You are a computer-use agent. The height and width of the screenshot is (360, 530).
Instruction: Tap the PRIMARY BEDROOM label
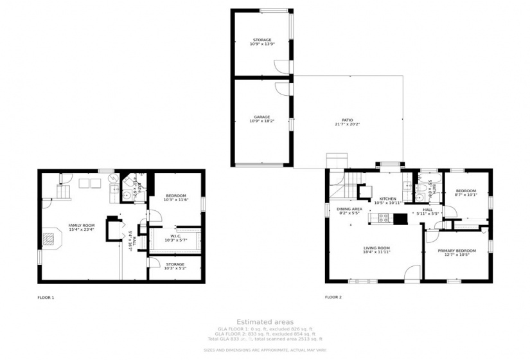click(457, 250)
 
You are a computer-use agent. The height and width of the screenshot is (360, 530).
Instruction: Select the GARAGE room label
click(261, 116)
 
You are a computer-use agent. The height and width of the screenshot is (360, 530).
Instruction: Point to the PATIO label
click(347, 120)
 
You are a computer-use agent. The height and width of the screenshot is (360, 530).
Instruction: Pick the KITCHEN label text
click(387, 199)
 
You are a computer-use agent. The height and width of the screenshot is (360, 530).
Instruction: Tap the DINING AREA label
click(349, 209)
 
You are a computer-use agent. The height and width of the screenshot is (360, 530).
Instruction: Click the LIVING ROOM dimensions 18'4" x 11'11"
click(377, 252)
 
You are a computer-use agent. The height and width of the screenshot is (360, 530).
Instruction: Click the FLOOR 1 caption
click(46, 297)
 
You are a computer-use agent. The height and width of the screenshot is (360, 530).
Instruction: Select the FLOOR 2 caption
click(333, 297)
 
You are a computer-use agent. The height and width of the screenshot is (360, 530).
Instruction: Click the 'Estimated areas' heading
click(265, 321)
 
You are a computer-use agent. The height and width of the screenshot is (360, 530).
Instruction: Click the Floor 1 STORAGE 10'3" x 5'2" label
click(175, 266)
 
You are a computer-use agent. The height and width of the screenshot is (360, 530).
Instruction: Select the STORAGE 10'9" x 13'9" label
click(261, 41)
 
